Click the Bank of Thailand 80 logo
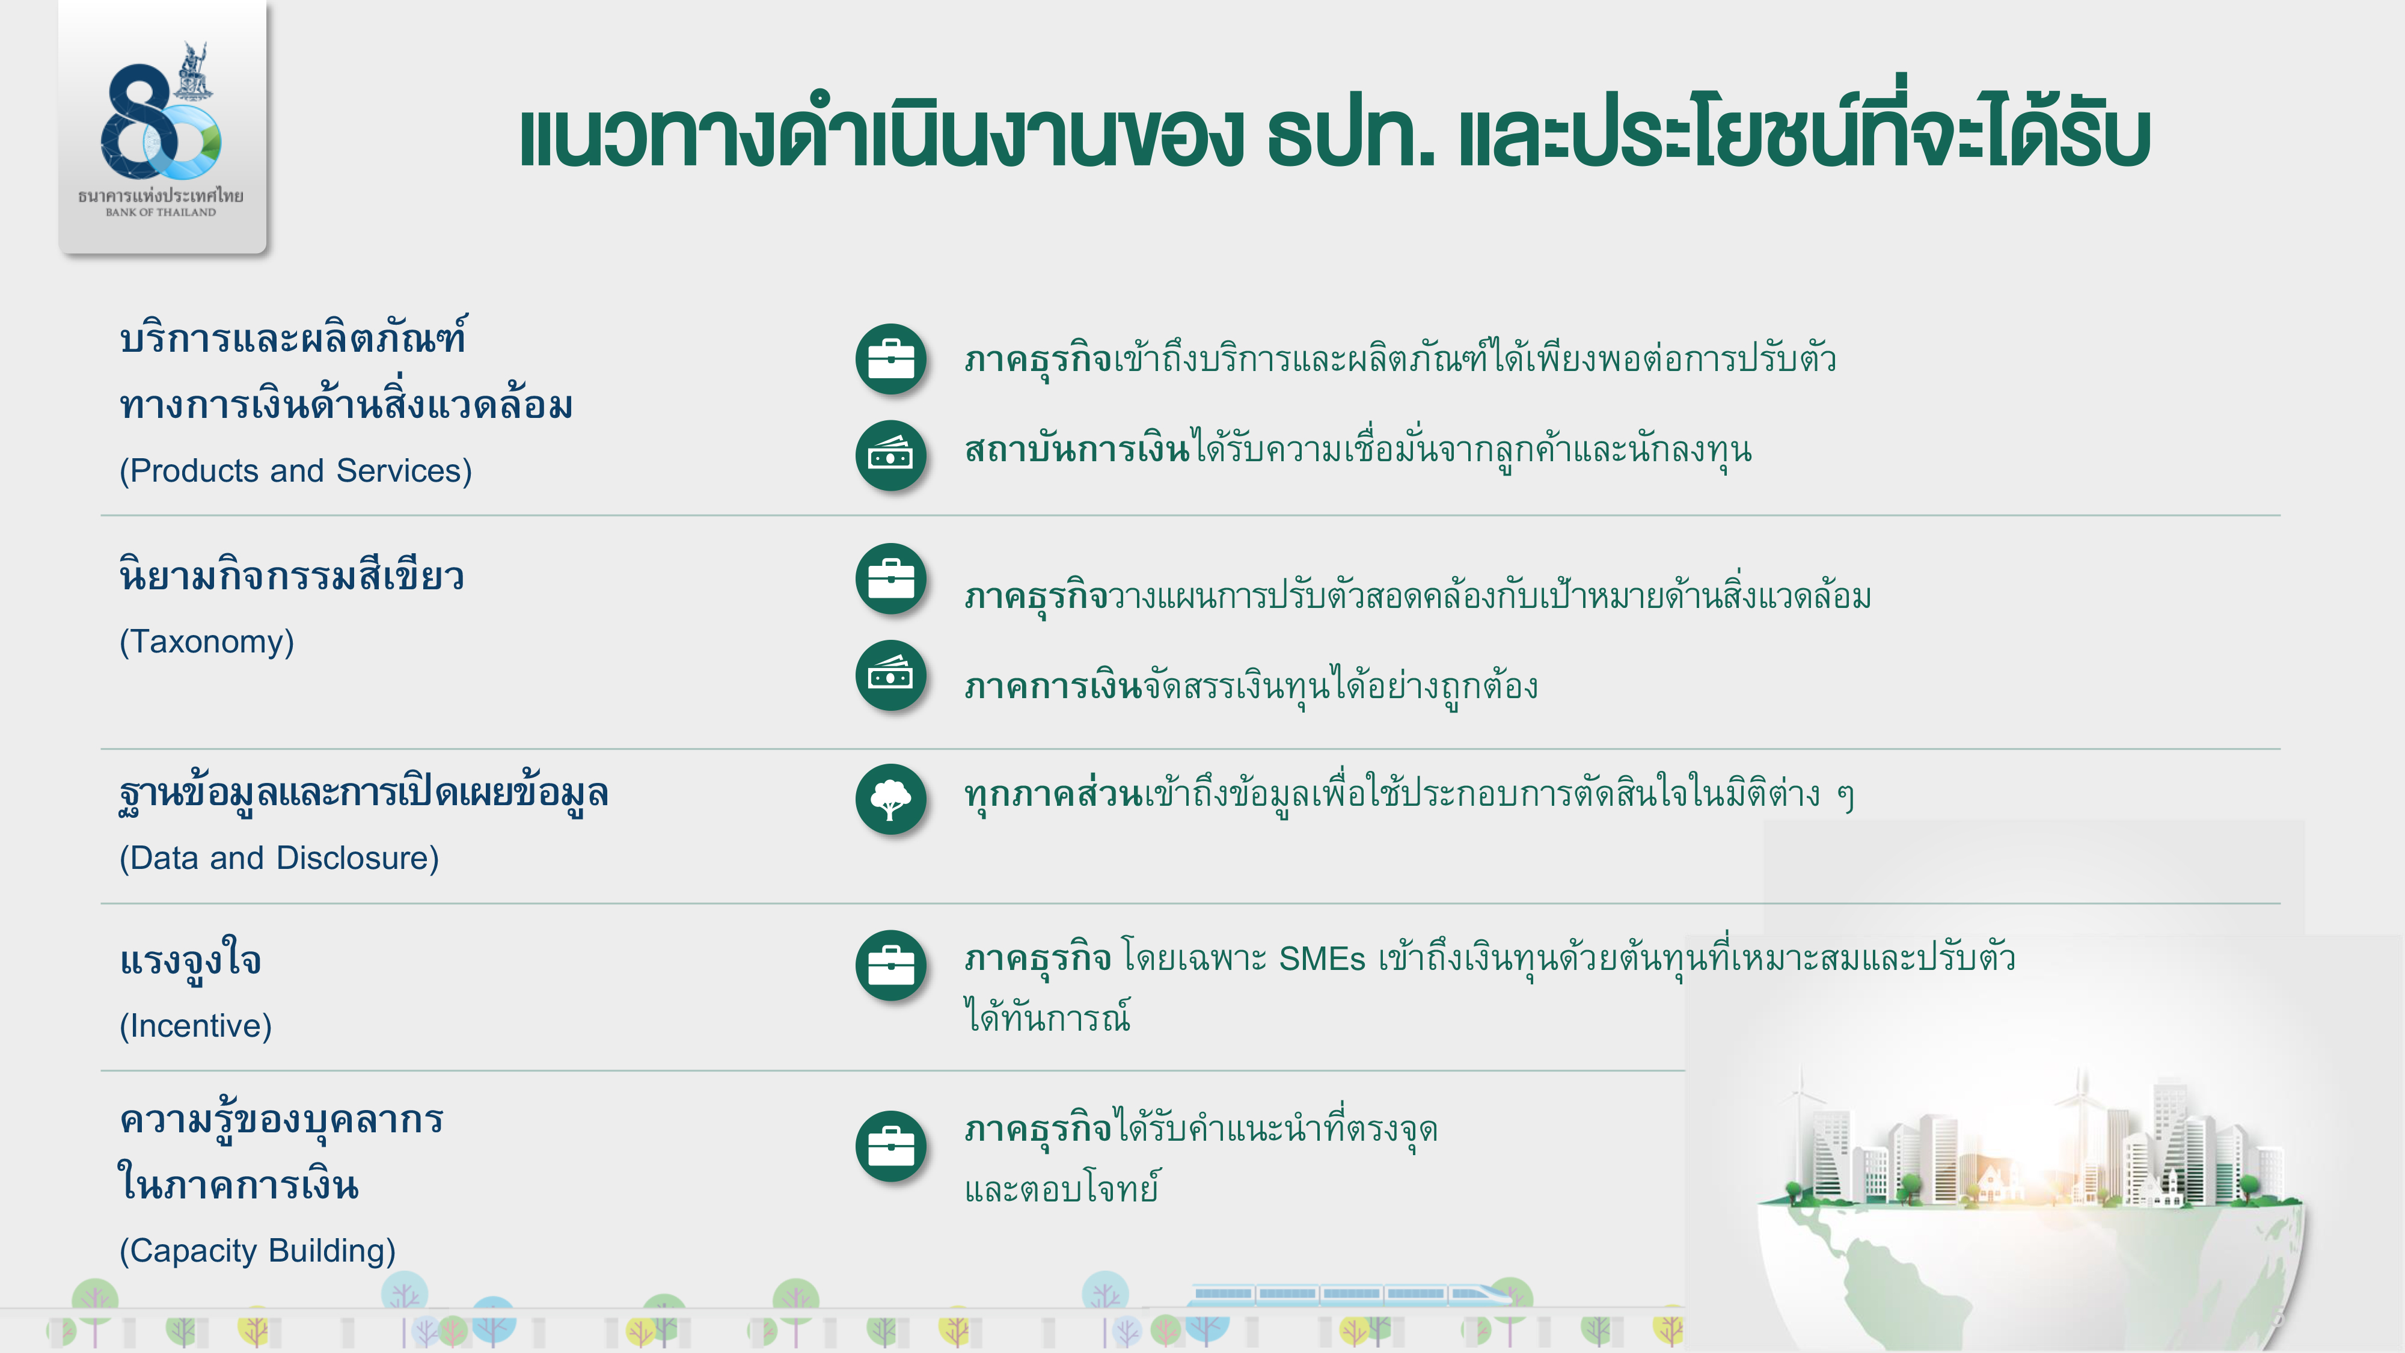162,126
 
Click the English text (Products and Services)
295,471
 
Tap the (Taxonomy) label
206,642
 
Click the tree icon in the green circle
890,799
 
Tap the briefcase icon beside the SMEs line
890,966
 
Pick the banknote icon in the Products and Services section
890,456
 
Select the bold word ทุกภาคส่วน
1053,794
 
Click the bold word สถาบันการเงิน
1077,449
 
